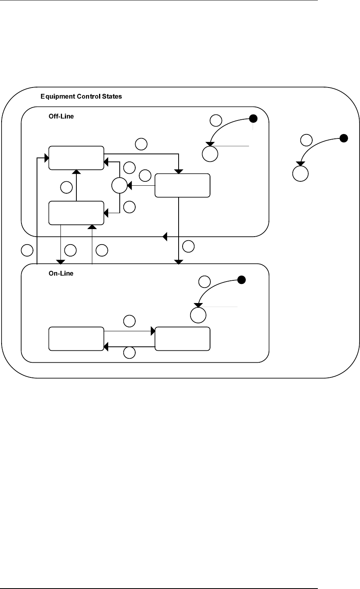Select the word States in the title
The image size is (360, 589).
pyautogui.click(x=112, y=97)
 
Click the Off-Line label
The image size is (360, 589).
pyautogui.click(x=61, y=116)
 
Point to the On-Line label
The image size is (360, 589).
pyautogui.click(x=61, y=273)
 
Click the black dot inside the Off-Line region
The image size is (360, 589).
pyautogui.click(x=253, y=119)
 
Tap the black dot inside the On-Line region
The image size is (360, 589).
pyautogui.click(x=241, y=280)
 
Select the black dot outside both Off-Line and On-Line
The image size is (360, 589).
pyautogui.click(x=344, y=138)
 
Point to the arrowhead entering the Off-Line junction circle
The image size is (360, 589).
pyautogui.click(x=129, y=185)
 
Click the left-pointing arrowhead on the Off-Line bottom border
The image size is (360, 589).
pyautogui.click(x=165, y=237)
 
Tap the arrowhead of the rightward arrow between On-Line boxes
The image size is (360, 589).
pyautogui.click(x=153, y=331)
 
